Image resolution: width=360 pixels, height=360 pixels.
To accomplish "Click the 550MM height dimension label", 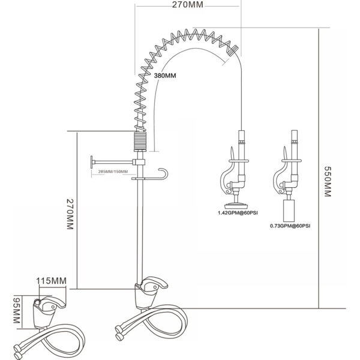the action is coord(328,181).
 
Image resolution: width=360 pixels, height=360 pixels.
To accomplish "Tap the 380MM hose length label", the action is coord(165,76).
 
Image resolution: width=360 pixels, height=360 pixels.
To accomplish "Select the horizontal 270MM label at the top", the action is coord(188,5).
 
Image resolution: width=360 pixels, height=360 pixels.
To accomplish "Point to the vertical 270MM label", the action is coord(70,214).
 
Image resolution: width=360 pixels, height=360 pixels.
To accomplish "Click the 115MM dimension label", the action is coord(51,281).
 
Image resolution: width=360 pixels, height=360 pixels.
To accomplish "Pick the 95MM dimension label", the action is coord(16,311).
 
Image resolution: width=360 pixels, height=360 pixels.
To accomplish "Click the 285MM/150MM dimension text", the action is coord(113,172).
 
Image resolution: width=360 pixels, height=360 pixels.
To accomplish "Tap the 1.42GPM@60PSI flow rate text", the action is coord(238,213).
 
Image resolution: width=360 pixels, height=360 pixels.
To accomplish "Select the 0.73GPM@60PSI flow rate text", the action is coord(290,226).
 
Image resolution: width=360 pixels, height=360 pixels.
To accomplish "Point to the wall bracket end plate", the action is coord(92,162).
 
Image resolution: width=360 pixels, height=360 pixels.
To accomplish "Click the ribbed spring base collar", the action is coord(140,141).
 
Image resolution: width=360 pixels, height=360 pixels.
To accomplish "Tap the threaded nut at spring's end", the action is coord(233,50).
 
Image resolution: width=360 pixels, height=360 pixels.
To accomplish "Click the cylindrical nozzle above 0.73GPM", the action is coord(289,210).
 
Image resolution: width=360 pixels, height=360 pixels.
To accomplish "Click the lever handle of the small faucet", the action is coord(53,302).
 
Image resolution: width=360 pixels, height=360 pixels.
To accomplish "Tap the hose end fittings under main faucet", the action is coord(119,333).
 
